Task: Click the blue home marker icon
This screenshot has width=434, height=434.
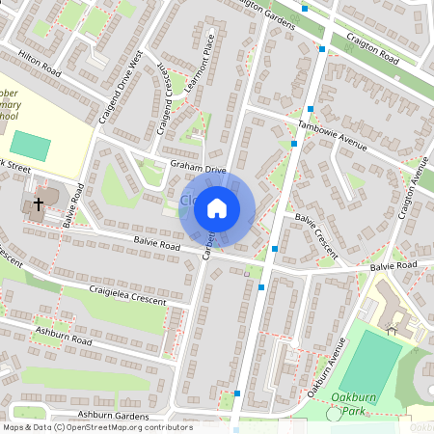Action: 217,207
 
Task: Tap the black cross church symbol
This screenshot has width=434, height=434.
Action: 39,203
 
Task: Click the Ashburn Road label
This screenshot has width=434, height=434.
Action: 64,338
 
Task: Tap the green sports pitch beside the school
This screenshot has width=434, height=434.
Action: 31,147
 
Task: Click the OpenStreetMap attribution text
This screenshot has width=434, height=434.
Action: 96,427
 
